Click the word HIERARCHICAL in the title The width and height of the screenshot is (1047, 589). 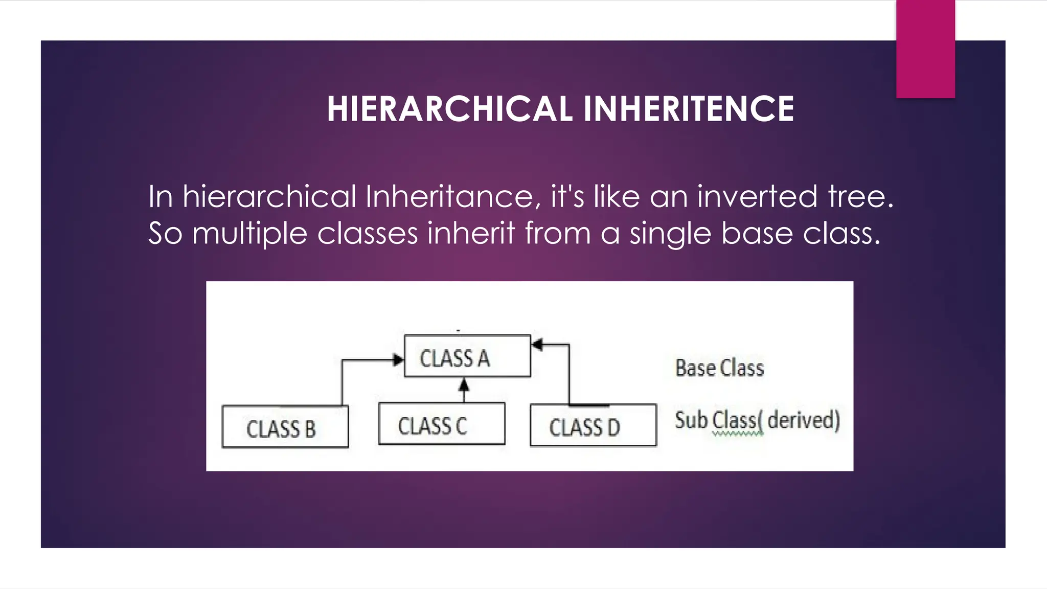tap(449, 109)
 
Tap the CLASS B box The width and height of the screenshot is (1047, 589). tap(285, 427)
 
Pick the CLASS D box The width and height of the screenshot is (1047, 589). tap(593, 425)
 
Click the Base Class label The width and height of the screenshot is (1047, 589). tap(719, 368)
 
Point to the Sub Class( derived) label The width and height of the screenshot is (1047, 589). tap(757, 421)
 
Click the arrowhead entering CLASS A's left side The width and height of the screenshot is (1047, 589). tap(398, 360)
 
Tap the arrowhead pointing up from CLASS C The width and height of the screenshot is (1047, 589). tap(464, 384)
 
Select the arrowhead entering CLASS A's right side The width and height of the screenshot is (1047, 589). tap(537, 345)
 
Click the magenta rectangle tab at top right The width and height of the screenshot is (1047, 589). tap(925, 49)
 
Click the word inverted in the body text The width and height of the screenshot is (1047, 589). tap(757, 196)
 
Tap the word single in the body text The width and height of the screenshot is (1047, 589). tap(670, 234)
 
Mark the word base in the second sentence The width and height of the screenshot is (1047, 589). tap(756, 234)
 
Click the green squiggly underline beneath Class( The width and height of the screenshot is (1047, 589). tap(737, 434)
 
